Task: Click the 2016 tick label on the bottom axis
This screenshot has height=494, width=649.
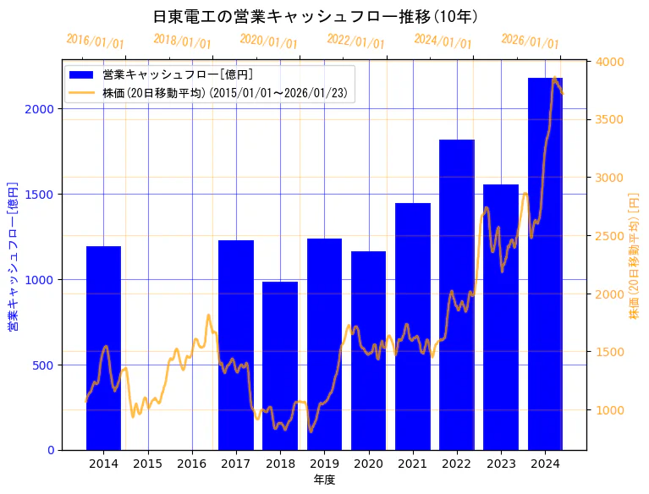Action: [192, 464]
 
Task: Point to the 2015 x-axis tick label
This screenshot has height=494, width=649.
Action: [147, 464]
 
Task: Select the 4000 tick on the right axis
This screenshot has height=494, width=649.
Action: [610, 62]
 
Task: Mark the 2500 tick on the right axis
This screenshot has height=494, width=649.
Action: [610, 236]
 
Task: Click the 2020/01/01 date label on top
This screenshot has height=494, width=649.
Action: [268, 41]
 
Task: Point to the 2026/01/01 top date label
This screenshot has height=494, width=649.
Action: [530, 41]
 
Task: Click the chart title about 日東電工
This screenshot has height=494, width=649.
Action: [315, 17]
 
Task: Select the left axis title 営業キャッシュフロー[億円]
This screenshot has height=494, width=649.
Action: [13, 256]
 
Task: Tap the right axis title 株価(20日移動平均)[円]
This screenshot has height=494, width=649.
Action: [634, 256]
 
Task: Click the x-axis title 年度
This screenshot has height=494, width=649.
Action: [324, 480]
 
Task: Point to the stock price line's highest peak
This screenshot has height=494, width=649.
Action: [554, 79]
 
